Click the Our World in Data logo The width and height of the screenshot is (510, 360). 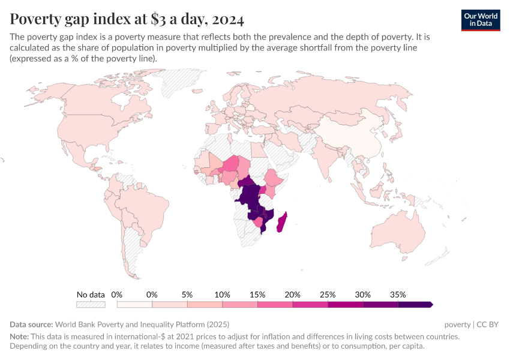click(480, 19)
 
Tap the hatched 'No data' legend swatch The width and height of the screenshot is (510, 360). click(91, 305)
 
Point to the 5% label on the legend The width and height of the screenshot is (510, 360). click(187, 295)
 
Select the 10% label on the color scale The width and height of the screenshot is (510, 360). click(222, 295)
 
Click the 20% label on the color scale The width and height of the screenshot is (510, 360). click(292, 295)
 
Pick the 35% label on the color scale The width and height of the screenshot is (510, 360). click(398, 295)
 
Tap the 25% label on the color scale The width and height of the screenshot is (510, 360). click(328, 295)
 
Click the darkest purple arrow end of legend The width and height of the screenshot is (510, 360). click(430, 305)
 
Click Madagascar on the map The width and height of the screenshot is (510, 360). click(280, 221)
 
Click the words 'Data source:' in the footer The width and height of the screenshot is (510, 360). click(31, 324)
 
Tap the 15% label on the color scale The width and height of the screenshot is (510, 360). click(257, 295)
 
